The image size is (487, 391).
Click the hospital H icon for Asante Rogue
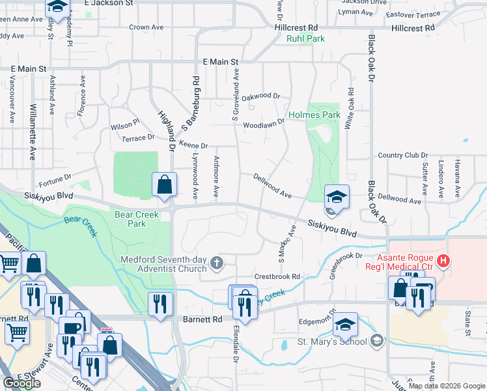coord(444,262)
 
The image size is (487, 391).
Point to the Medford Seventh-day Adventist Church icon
coord(217,263)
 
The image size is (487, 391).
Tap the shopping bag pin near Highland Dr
coord(165,184)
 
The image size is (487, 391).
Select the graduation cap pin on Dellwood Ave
coord(337,196)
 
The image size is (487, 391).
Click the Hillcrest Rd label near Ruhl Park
coord(296,27)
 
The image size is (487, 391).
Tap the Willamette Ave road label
coord(33,132)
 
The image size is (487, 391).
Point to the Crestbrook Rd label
coord(277,276)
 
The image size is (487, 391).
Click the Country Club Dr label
coord(402,156)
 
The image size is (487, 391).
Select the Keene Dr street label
coord(193,146)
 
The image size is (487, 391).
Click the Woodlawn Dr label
coord(264,124)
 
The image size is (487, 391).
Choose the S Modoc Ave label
coord(287,245)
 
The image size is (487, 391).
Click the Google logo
coord(22,383)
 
